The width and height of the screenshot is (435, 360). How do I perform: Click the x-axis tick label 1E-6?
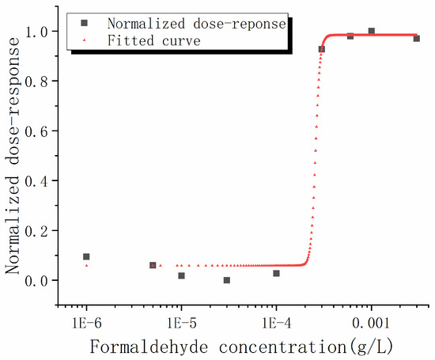coord(86,324)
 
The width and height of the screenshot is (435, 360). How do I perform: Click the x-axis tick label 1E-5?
coord(181,324)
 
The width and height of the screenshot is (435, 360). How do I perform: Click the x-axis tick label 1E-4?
coord(276,324)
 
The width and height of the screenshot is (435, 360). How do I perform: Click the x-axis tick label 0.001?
coord(371,324)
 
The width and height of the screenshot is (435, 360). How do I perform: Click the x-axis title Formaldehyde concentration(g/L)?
coord(237,347)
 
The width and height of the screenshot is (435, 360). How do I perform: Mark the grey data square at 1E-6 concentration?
coord(86,256)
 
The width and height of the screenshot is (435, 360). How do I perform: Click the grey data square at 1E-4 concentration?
coord(276,273)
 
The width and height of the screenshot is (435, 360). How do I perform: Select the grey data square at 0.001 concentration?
coord(371,31)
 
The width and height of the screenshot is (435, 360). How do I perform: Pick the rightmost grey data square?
coord(416,38)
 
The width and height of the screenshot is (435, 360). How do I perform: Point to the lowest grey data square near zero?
coord(227,280)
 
